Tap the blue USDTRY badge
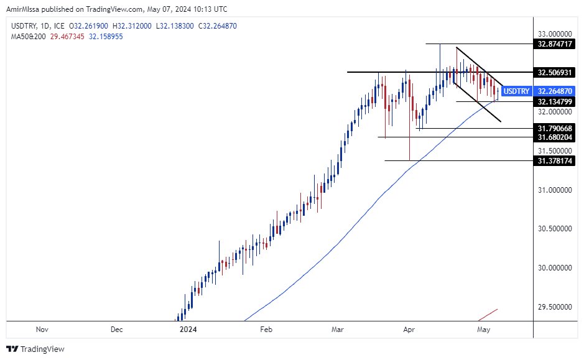pos(516,91)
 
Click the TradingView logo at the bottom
pos(35,349)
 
